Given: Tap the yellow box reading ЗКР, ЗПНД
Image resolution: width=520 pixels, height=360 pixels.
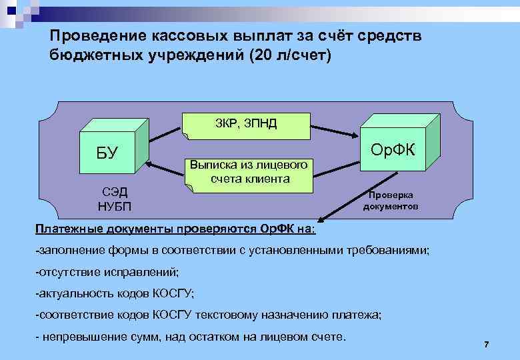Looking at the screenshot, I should click(x=246, y=125).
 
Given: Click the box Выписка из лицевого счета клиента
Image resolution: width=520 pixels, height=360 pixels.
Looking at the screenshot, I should click(x=248, y=173).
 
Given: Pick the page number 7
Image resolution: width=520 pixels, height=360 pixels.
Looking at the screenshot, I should click(x=486, y=344).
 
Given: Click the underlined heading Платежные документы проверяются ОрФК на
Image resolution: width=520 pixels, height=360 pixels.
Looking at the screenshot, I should click(x=176, y=229).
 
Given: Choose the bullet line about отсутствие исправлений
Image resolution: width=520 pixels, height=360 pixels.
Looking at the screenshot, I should click(x=107, y=272).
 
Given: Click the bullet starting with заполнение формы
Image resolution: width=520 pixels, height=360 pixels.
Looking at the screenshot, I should click(x=233, y=251).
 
